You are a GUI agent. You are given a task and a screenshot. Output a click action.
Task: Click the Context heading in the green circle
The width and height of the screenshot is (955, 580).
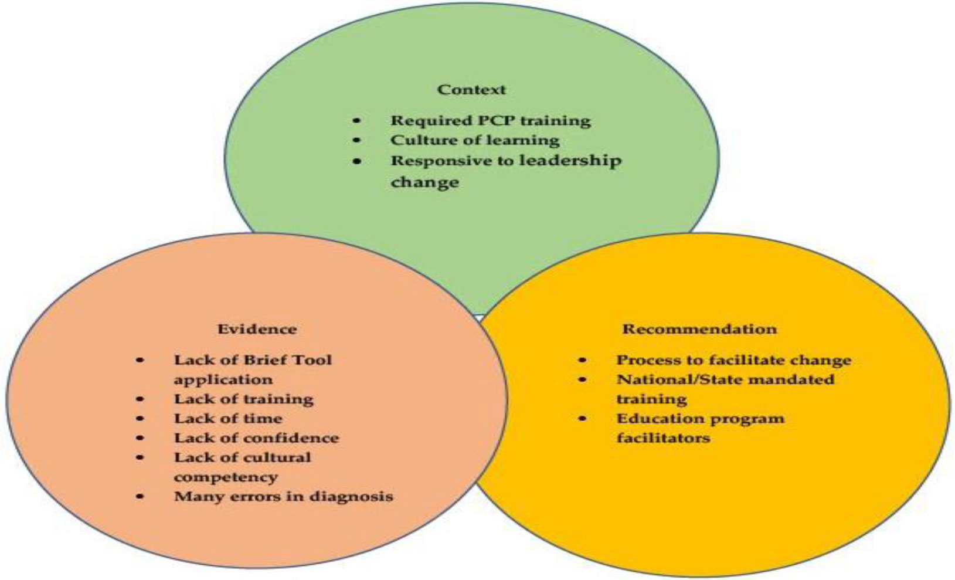[x=471, y=90]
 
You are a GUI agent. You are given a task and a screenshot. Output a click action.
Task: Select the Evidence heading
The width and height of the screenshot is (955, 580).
[x=257, y=329]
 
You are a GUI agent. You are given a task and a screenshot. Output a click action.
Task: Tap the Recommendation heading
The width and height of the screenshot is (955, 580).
[x=699, y=329]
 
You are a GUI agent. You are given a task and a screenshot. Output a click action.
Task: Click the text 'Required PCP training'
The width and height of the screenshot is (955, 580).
[x=490, y=121]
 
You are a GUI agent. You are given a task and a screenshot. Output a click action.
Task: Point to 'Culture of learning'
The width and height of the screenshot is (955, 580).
[x=475, y=141]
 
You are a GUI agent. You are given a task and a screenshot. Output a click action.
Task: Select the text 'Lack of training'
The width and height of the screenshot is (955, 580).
[x=243, y=399]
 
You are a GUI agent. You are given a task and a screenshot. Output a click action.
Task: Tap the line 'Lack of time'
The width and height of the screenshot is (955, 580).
[x=227, y=419]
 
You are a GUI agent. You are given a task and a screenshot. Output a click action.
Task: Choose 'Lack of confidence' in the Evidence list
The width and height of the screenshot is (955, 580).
[x=256, y=438]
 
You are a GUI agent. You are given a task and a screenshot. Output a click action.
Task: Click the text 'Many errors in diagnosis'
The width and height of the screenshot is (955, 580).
[x=283, y=497]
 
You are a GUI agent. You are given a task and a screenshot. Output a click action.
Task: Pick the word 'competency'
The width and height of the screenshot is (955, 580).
[x=225, y=477]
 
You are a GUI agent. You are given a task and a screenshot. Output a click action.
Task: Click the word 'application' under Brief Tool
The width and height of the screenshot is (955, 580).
[x=223, y=380]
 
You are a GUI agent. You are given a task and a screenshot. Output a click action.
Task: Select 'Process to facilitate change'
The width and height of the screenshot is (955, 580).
[x=733, y=360]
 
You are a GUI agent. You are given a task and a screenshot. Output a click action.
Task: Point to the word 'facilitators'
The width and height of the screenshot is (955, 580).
[x=662, y=438]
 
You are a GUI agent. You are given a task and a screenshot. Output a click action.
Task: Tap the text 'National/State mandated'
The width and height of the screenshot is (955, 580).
[x=725, y=379]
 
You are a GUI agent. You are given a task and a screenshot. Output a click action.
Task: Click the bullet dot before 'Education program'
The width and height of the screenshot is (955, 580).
[x=582, y=419]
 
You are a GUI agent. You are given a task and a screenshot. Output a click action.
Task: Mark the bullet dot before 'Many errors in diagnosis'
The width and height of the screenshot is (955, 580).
[x=140, y=497]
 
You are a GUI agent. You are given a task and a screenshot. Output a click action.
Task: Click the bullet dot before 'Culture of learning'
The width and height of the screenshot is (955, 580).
[x=357, y=141]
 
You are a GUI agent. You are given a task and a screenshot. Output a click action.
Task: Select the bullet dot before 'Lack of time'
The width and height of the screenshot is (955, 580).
[x=140, y=419]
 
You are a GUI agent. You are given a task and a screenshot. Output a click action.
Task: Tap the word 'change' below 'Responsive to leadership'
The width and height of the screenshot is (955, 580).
[x=424, y=182]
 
